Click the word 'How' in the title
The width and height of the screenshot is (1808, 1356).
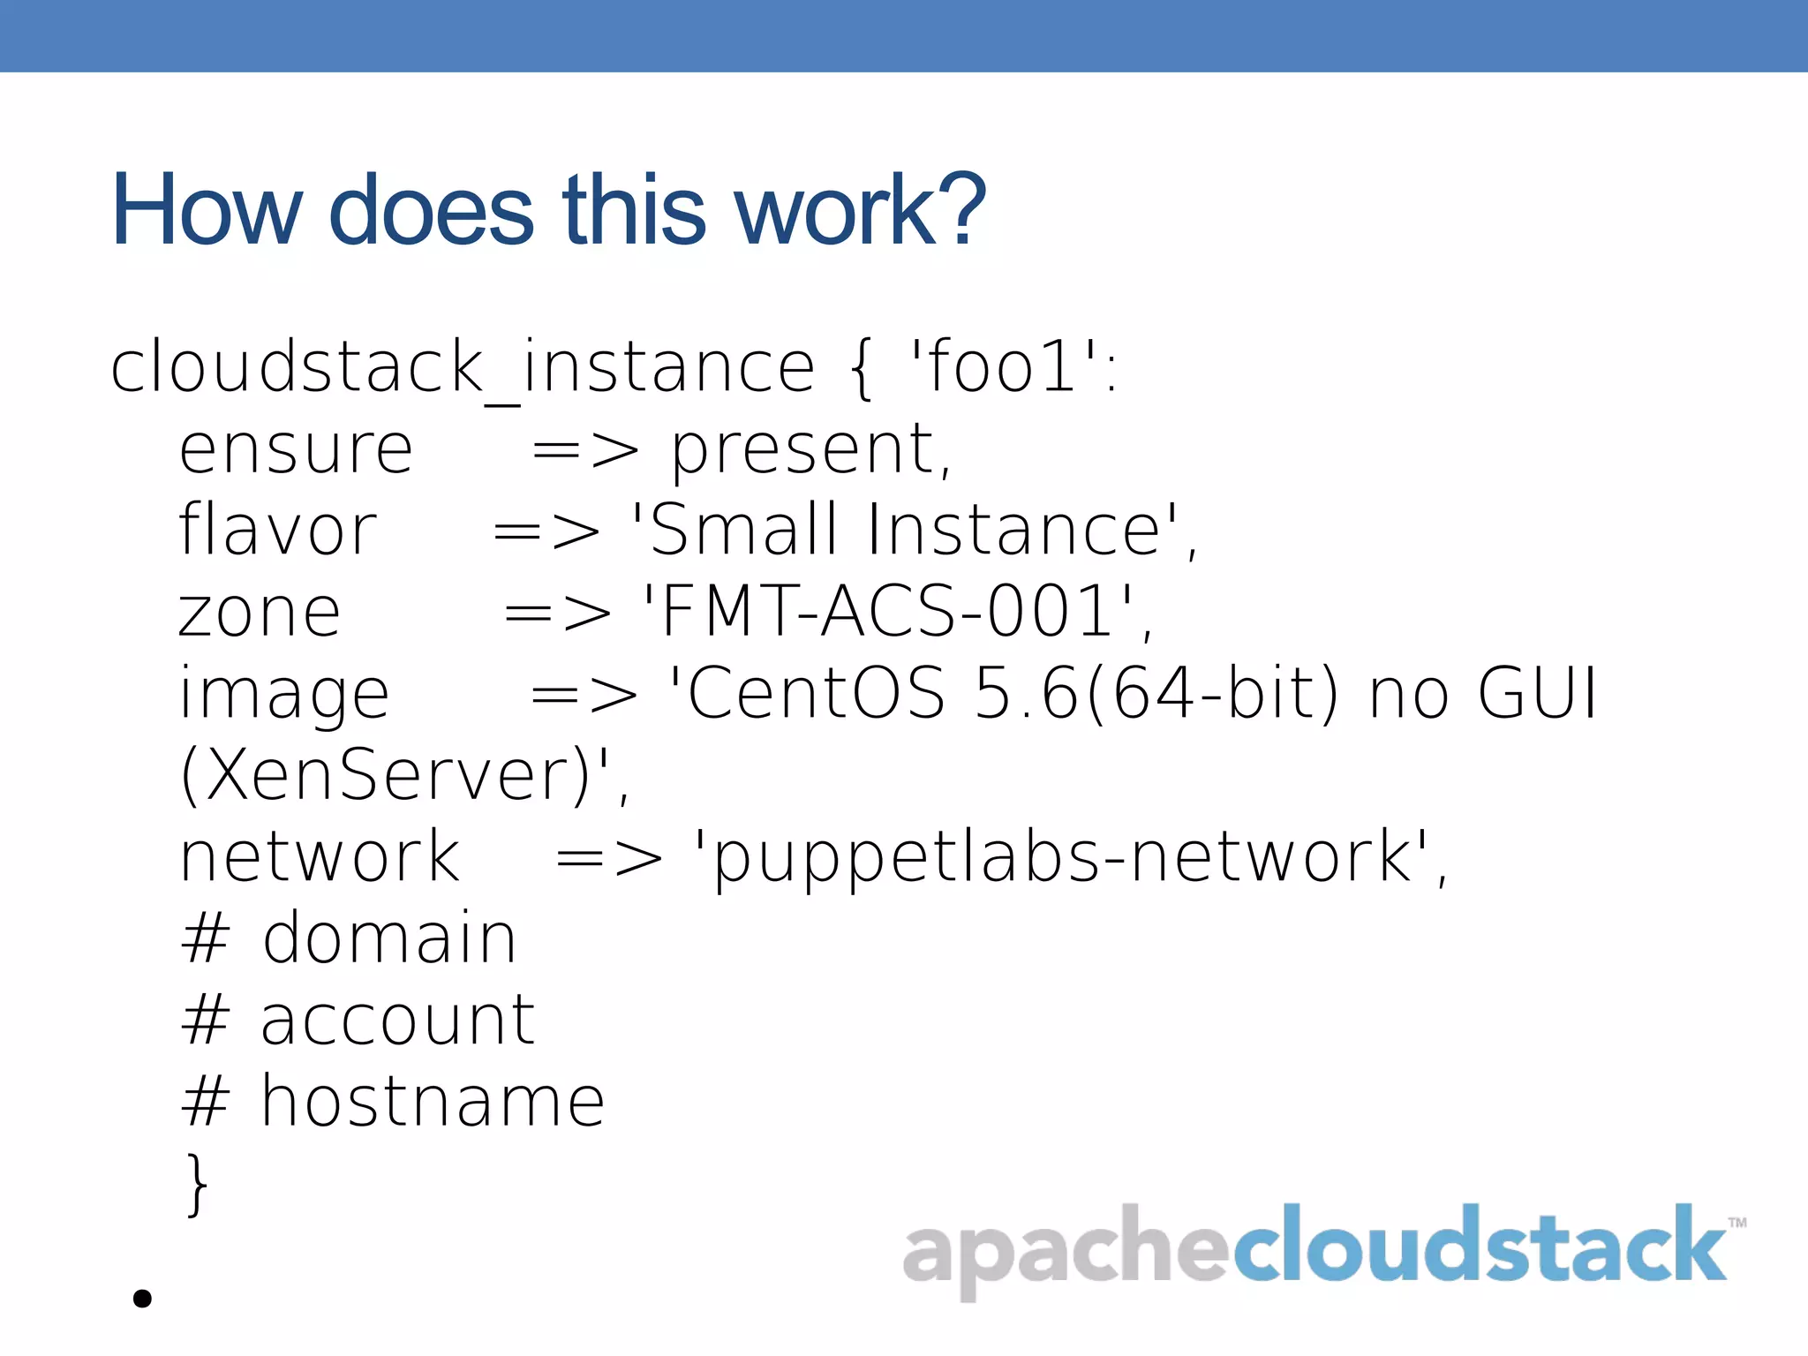pyautogui.click(x=207, y=211)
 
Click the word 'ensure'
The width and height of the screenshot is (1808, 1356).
pyautogui.click(x=296, y=450)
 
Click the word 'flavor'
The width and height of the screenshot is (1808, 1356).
pyautogui.click(x=277, y=531)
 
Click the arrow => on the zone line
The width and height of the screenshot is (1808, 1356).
pyautogui.click(x=557, y=613)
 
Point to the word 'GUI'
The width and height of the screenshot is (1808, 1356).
pyautogui.click(x=1537, y=693)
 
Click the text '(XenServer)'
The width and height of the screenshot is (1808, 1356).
pyautogui.click(x=384, y=775)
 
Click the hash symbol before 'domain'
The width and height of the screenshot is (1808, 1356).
pyautogui.click(x=206, y=939)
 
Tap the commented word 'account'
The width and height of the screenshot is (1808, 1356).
pyautogui.click(x=397, y=1021)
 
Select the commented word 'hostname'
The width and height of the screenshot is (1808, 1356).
pyautogui.click(x=433, y=1103)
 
